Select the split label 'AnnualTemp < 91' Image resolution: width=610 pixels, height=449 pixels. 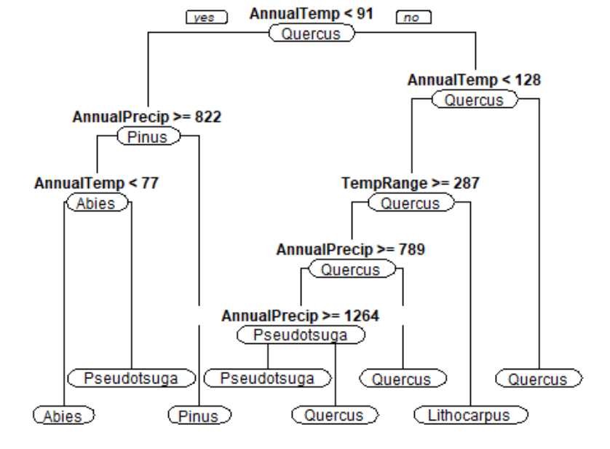[312, 14]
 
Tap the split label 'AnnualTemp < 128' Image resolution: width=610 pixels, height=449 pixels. [474, 80]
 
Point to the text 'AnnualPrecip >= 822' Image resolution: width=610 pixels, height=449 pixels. [147, 117]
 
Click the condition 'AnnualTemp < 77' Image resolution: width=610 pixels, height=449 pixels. [96, 183]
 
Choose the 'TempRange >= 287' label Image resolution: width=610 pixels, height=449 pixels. [411, 183]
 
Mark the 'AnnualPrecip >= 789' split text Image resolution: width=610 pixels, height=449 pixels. [350, 249]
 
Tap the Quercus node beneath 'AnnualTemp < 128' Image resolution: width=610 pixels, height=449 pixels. [474, 100]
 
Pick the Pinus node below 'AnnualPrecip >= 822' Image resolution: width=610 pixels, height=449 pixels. [148, 136]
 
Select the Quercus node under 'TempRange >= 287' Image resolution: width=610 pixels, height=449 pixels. [411, 203]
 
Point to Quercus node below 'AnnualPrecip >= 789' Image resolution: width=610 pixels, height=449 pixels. [350, 270]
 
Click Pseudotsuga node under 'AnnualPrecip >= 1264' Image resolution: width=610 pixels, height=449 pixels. [300, 335]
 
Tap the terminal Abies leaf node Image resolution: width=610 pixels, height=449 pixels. [63, 415]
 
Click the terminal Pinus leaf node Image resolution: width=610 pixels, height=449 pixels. [199, 415]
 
